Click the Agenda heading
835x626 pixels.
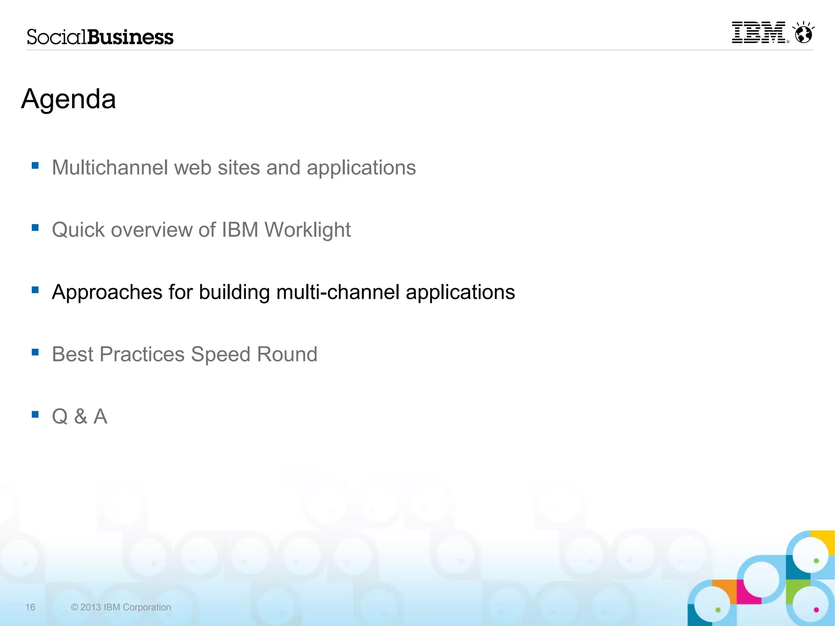pos(68,99)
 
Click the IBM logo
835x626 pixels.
pos(758,33)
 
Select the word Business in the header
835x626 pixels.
pos(130,37)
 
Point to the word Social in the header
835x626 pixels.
pos(57,37)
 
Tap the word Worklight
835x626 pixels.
pos(307,230)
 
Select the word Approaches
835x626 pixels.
pos(107,293)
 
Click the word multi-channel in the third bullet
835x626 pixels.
pos(338,292)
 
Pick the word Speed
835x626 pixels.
pos(220,354)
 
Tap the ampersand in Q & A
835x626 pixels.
pos(81,417)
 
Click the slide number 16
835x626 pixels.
pos(30,607)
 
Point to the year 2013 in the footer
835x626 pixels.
pos(91,607)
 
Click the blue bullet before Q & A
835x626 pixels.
pos(35,414)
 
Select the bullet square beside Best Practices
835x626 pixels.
pos(35,352)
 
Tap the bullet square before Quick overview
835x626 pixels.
pos(35,227)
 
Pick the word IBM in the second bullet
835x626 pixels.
pos(240,230)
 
